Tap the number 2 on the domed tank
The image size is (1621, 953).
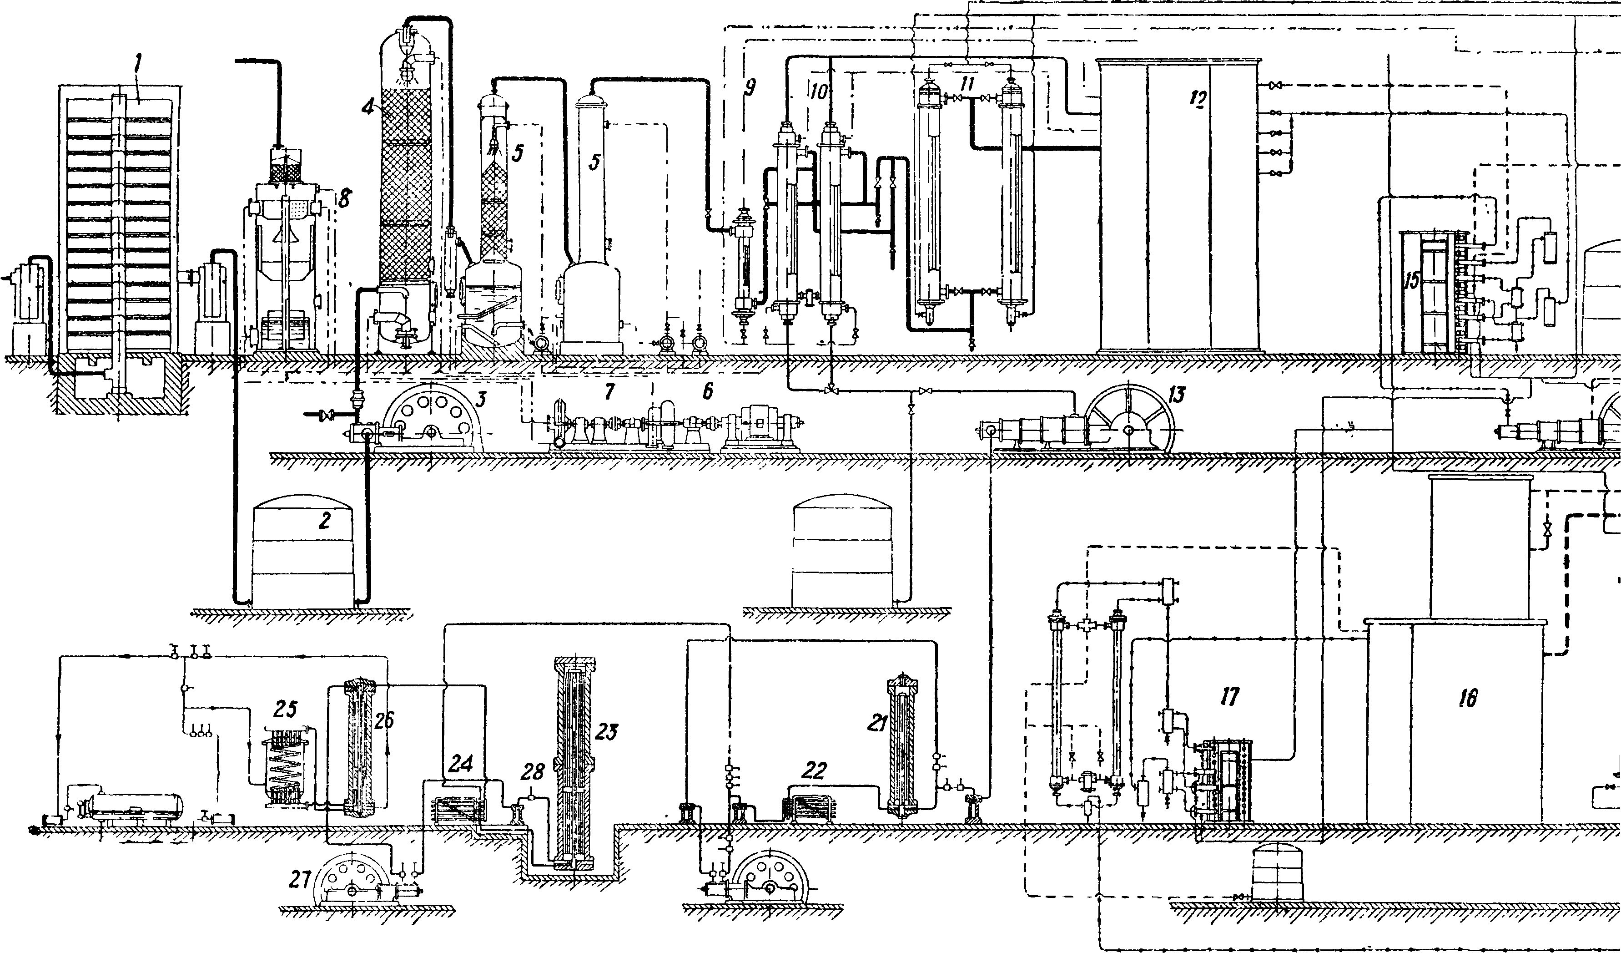[325, 520]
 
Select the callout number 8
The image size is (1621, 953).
[344, 198]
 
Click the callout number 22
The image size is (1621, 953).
[814, 771]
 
